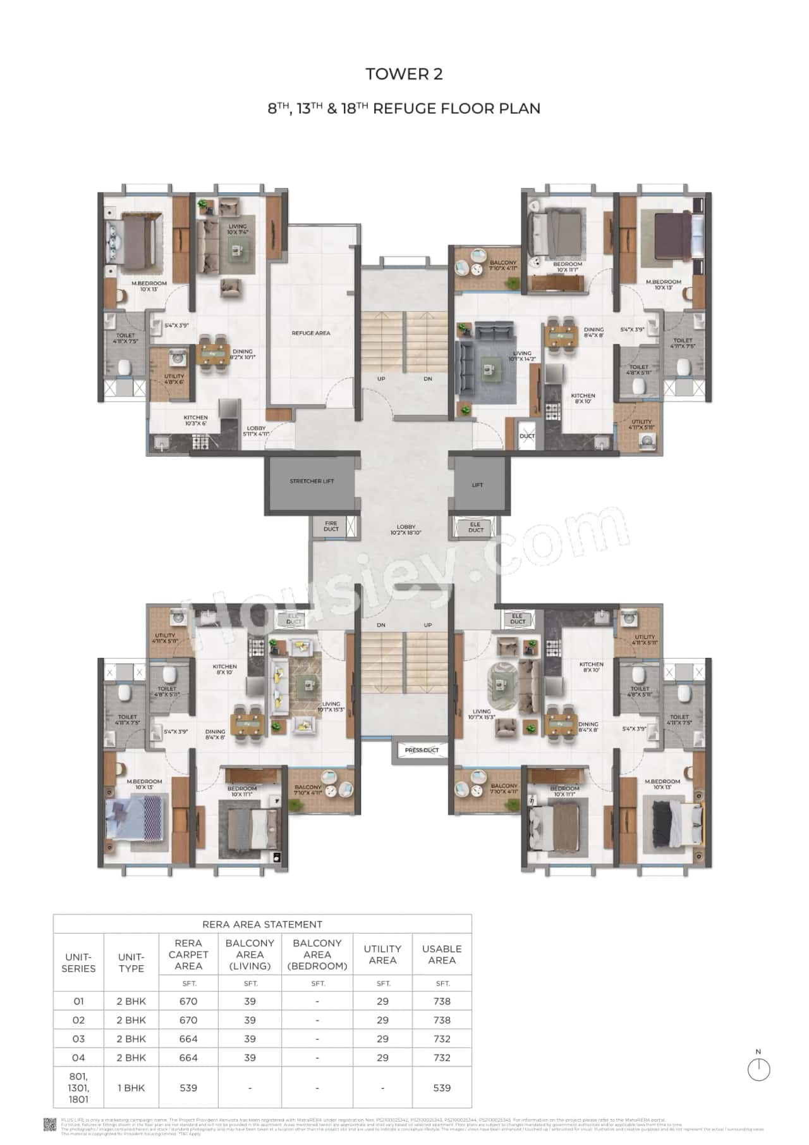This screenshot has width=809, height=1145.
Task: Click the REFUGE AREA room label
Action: (x=310, y=333)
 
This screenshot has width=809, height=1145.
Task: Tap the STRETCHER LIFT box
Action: (x=312, y=481)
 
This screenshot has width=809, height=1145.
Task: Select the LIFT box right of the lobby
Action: (x=477, y=485)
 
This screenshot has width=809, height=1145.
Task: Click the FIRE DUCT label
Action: (x=331, y=526)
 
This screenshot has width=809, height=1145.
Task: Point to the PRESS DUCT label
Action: (x=422, y=750)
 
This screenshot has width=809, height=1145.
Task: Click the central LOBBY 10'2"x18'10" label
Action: (x=406, y=529)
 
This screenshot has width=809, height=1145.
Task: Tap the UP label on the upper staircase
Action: (x=381, y=379)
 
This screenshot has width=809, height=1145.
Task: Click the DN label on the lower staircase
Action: (x=381, y=625)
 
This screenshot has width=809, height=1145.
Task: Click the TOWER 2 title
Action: (x=404, y=74)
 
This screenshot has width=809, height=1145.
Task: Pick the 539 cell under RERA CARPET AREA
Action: (x=188, y=1088)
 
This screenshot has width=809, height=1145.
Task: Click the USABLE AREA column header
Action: (x=442, y=954)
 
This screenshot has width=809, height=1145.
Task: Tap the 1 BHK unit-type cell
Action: (x=131, y=1088)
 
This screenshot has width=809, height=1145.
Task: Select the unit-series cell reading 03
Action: (x=78, y=1039)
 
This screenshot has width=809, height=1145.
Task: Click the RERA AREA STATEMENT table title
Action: (x=262, y=924)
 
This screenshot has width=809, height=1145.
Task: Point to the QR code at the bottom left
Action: (x=49, y=1123)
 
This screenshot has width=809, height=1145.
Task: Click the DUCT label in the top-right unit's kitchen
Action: (x=526, y=436)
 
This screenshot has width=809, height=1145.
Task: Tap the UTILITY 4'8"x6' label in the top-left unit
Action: (x=174, y=379)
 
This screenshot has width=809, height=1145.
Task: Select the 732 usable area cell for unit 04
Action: (x=442, y=1058)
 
